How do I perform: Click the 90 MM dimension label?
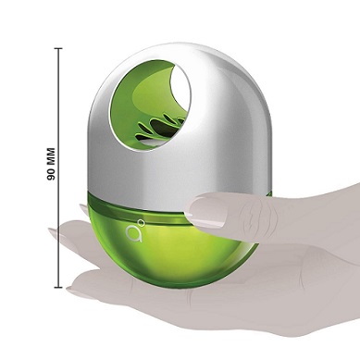pos(51,164)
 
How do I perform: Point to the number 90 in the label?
pos(51,175)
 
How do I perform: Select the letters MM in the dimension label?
pos(51,156)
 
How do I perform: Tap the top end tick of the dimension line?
pos(58,48)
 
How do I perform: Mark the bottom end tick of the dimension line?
pos(58,287)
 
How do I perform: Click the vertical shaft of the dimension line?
pos(58,168)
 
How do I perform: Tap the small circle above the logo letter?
pos(142,222)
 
